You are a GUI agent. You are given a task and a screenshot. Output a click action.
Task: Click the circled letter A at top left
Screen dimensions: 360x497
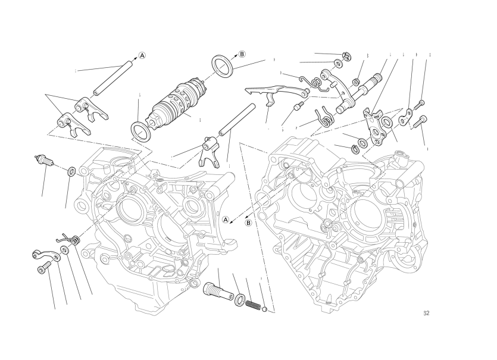[x=142, y=56]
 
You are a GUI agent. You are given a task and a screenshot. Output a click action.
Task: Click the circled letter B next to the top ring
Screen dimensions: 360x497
[x=242, y=54]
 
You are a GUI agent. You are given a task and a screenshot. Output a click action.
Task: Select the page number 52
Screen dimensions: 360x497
[x=426, y=314]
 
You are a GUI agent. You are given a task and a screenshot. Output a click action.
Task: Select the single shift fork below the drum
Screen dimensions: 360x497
[x=210, y=149]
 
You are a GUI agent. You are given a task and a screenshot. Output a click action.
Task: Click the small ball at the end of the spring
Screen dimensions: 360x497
[x=264, y=308]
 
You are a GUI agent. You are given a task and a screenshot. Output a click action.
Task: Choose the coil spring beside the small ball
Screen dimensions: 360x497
[x=252, y=304]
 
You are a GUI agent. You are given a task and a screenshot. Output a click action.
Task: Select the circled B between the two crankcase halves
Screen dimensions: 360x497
[x=249, y=223]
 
